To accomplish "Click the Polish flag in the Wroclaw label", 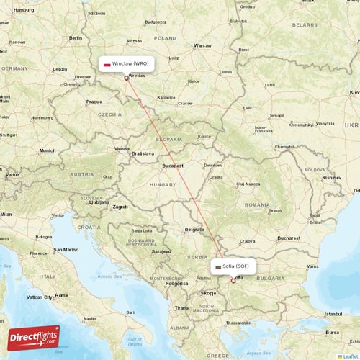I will (x=107, y=64).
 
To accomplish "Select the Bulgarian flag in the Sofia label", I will (x=218, y=266).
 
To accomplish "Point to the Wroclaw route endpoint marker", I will (x=126, y=78).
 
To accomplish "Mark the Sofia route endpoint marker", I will (x=233, y=280).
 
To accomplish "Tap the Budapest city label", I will (x=174, y=166).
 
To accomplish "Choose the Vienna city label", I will (x=122, y=149).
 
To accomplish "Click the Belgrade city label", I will (x=194, y=229).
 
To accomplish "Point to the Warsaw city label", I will (x=202, y=45).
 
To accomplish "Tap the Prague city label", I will (x=94, y=102).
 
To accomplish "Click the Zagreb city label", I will (x=120, y=207).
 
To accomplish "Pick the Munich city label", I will (x=48, y=150).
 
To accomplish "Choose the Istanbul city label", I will (x=332, y=315).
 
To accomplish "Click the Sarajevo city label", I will (x=161, y=252).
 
